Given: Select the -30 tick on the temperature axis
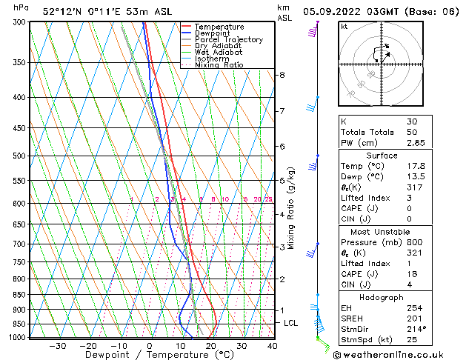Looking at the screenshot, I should pyautogui.click(x=58, y=346).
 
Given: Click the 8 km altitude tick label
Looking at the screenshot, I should pyautogui.click(x=282, y=76).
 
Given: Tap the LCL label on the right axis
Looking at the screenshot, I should pyautogui.click(x=291, y=324).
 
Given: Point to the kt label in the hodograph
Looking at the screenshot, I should pyautogui.click(x=344, y=27).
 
